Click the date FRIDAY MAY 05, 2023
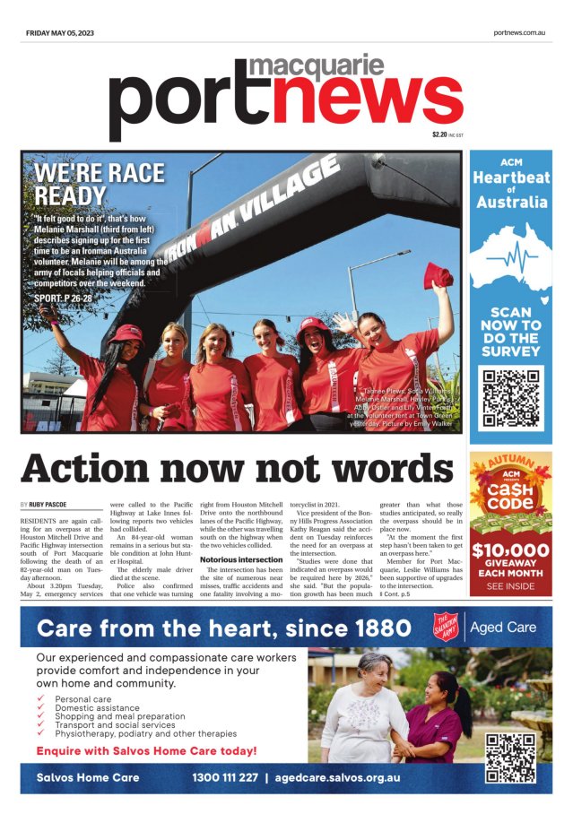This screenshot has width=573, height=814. pos(59,32)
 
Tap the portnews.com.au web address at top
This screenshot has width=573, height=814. pos(519,32)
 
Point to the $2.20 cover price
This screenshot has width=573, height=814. pos(438,134)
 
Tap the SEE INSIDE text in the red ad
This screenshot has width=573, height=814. pos(510,586)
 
